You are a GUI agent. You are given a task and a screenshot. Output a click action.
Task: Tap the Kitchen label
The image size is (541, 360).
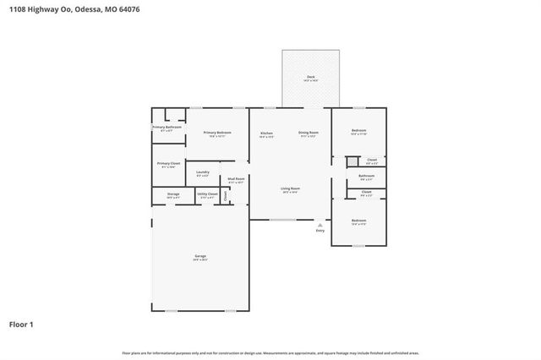(266, 134)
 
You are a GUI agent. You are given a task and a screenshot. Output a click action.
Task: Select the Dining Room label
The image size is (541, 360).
(309, 134)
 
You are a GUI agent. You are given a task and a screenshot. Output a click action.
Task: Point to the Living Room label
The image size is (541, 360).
(291, 188)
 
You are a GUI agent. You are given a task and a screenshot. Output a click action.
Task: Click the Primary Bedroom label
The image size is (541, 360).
(217, 134)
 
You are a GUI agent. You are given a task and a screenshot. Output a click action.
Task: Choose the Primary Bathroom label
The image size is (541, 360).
(167, 128)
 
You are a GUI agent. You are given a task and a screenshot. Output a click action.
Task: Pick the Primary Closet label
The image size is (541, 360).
(168, 164)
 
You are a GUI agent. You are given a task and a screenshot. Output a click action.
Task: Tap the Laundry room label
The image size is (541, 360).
(203, 172)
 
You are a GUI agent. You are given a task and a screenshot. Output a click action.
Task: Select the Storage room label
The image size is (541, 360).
(172, 195)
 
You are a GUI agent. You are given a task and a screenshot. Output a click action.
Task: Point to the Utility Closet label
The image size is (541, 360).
(207, 195)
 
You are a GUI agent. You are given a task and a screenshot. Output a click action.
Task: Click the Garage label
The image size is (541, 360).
(200, 256)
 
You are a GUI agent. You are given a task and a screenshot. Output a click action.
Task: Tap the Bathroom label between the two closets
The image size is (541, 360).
(366, 176)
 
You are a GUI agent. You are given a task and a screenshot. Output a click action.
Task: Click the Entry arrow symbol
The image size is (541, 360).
(320, 224)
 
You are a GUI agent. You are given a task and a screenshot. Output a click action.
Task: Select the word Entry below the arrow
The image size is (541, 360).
(320, 231)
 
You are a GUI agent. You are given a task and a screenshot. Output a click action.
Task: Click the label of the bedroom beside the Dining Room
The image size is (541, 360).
(358, 131)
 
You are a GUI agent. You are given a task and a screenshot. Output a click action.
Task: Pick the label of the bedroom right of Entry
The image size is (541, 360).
(358, 221)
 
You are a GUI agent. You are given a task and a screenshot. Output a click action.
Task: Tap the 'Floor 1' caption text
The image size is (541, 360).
(22, 324)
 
